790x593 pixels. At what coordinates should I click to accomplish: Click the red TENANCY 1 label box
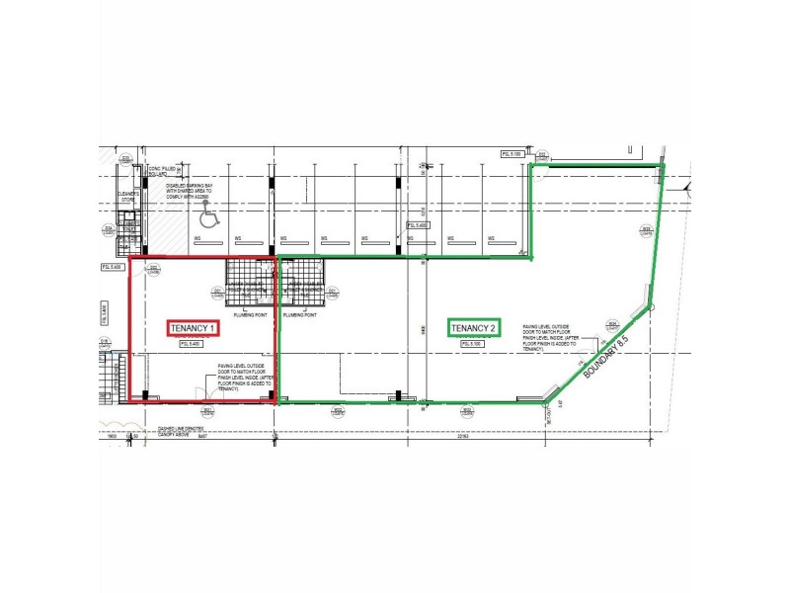coord(194,327)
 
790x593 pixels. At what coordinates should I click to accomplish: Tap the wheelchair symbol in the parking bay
coord(207,212)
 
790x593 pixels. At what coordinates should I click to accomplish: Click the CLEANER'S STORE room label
coord(126,197)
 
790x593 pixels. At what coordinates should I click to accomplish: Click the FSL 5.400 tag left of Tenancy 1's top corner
coord(111,267)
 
